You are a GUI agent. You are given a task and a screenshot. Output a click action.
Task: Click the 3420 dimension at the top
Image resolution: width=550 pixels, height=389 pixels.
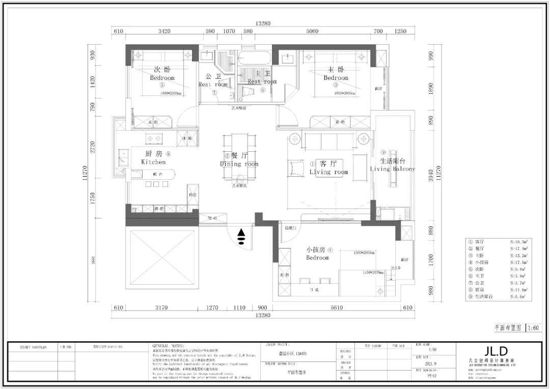click(164, 32)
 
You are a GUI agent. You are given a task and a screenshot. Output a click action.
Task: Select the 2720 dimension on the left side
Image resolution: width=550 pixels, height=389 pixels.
click(92, 147)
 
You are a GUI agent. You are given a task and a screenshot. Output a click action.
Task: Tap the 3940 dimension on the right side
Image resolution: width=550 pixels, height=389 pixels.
click(431, 176)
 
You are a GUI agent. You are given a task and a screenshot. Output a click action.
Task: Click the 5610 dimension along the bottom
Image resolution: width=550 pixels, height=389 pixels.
click(337, 308)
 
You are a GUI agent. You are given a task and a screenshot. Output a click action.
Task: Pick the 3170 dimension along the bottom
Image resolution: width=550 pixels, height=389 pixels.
click(161, 308)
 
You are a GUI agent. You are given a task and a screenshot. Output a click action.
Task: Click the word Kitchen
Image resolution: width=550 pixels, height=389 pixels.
click(153, 162)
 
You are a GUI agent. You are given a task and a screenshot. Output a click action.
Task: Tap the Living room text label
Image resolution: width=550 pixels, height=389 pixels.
click(328, 172)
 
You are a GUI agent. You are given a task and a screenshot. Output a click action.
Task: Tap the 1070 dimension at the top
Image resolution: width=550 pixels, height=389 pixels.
click(229, 32)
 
